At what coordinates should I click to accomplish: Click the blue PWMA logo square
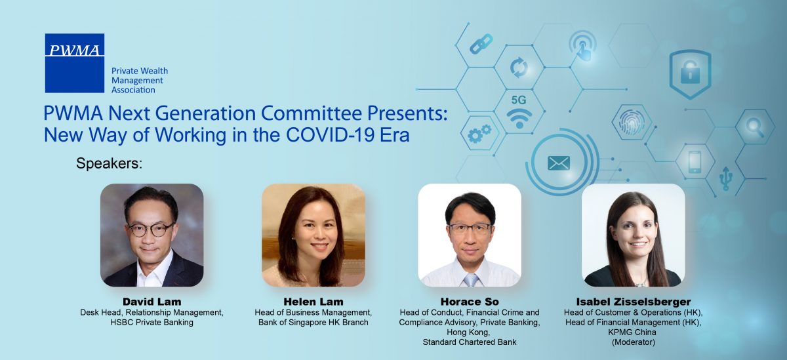pos(75,63)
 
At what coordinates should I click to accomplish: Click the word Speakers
pos(109,164)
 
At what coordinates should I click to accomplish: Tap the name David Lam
pos(151,302)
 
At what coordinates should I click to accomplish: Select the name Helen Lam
pos(313,302)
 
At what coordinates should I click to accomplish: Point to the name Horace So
pos(470,302)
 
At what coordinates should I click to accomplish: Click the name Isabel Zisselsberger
pos(634,302)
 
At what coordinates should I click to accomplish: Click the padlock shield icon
pos(690,73)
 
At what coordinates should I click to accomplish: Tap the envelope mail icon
pos(559,163)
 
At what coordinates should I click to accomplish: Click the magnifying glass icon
pos(756,127)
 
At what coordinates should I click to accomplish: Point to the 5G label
pos(519,100)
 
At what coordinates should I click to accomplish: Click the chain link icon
pos(481,44)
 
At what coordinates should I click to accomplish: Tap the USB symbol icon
pos(726,178)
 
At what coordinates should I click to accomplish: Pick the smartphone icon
pos(695,162)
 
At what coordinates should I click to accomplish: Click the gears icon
pos(479,134)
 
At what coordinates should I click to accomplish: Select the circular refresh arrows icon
pos(519,68)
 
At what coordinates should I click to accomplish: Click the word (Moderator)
pos(634,342)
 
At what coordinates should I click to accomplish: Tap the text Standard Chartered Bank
pos(470,342)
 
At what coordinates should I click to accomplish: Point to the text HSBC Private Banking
pos(151,323)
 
